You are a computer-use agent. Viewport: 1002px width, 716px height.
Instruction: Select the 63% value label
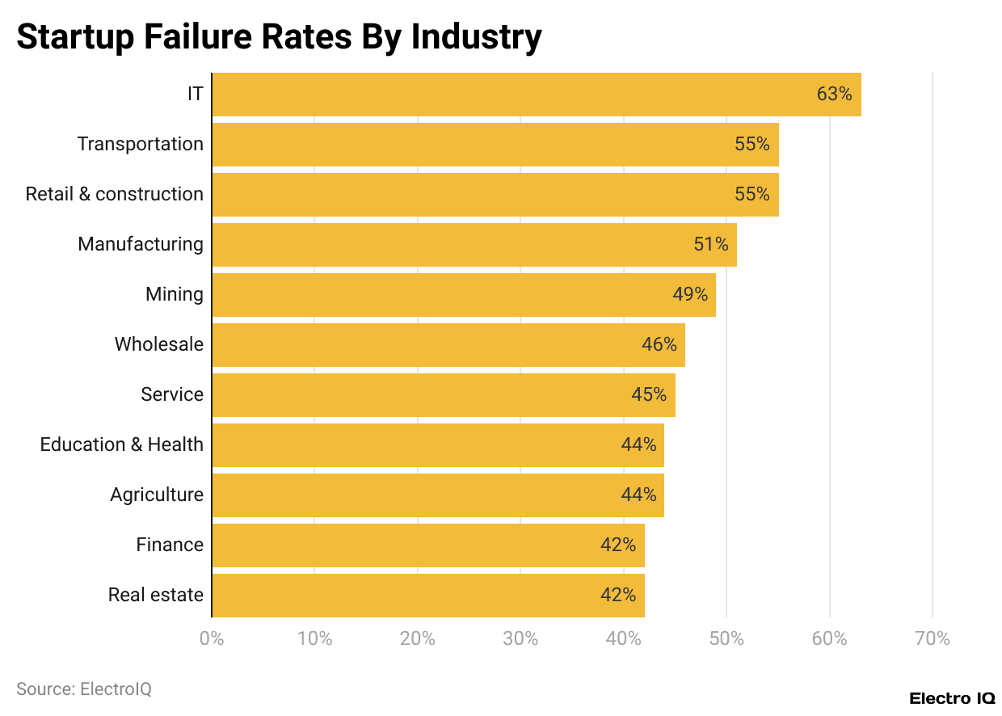[x=834, y=95]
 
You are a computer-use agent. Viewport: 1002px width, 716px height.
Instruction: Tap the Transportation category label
[x=141, y=145]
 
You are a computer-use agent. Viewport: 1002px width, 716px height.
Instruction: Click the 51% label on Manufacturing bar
[x=711, y=245]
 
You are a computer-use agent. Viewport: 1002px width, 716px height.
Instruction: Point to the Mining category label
[x=175, y=295]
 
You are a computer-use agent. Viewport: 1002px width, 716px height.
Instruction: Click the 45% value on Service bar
[x=649, y=395]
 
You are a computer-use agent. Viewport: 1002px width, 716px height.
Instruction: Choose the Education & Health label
[x=122, y=445]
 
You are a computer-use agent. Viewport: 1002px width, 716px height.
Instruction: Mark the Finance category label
[x=170, y=545]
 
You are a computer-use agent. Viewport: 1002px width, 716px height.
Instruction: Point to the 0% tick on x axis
[x=212, y=639]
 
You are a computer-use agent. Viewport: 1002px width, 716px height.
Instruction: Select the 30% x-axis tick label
[x=520, y=639]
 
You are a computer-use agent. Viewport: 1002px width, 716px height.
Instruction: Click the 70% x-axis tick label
[x=933, y=639]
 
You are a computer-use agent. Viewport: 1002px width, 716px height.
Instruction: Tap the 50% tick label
[x=726, y=639]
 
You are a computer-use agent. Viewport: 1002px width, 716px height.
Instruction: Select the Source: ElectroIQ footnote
[x=84, y=689]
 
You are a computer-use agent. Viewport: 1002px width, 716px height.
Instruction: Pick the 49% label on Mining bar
[x=690, y=295]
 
